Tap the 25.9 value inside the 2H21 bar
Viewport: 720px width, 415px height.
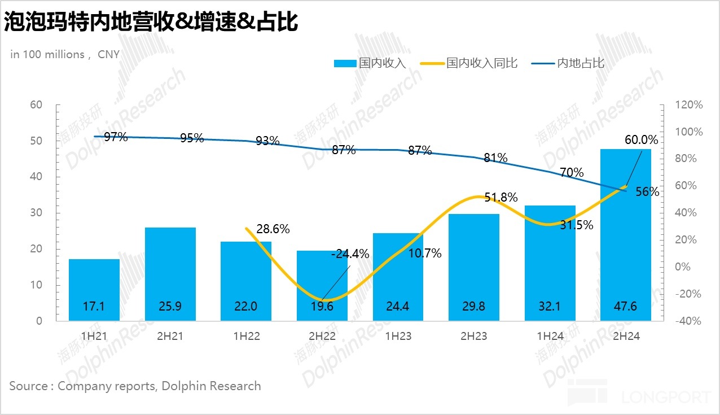click(170, 307)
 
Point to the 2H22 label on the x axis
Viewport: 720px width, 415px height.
click(322, 336)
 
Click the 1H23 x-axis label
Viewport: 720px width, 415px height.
click(398, 336)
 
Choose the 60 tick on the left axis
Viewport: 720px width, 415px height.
click(36, 105)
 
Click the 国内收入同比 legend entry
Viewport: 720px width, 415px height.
click(481, 63)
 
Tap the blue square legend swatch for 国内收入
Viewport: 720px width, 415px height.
click(345, 63)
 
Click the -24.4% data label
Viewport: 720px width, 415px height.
click(350, 254)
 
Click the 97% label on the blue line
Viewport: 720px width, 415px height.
click(116, 137)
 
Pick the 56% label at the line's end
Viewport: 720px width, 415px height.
click(647, 191)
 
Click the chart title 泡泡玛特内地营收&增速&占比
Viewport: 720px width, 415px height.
click(151, 23)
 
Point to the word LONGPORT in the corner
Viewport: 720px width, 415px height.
click(666, 397)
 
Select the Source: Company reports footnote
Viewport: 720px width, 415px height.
click(135, 386)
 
